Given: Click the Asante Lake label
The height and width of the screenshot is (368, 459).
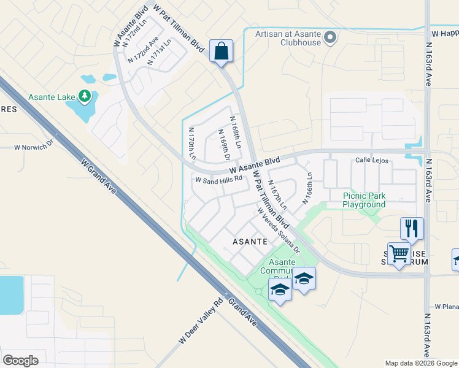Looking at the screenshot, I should (x=52, y=97).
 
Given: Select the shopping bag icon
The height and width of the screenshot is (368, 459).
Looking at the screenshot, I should (x=221, y=52).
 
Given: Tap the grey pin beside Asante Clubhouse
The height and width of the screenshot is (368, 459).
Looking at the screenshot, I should (x=330, y=38).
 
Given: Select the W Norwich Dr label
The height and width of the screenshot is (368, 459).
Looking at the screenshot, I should (x=34, y=147).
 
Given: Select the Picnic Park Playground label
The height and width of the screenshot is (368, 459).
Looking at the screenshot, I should (x=364, y=200).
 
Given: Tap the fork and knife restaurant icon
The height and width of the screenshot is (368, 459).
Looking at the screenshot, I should (x=412, y=228).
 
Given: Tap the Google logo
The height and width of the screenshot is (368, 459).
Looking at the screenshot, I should (x=21, y=360).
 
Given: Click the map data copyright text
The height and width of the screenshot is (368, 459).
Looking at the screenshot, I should (x=420, y=363).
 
